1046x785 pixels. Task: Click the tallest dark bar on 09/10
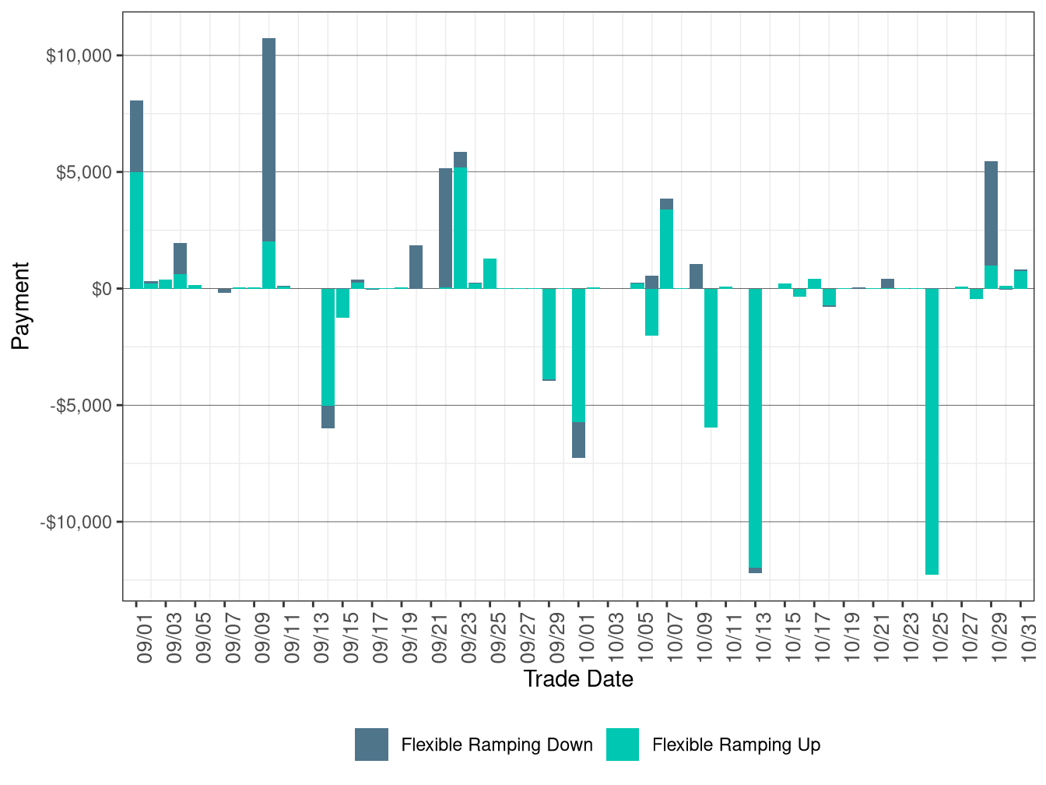(x=269, y=140)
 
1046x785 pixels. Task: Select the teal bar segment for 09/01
(x=136, y=230)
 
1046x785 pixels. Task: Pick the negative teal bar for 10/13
(x=755, y=428)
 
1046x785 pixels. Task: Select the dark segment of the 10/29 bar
(x=991, y=213)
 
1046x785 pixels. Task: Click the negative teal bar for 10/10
(x=711, y=357)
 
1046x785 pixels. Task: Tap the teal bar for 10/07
(x=666, y=248)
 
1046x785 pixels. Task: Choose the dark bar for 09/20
(x=416, y=266)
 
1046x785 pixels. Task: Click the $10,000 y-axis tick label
(x=79, y=56)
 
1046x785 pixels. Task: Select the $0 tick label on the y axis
(x=97, y=289)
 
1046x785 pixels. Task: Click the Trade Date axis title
(x=578, y=679)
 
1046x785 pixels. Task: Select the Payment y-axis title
(x=21, y=305)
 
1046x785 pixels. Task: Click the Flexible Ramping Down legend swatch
(x=371, y=745)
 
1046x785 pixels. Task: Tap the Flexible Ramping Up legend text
(x=735, y=745)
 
